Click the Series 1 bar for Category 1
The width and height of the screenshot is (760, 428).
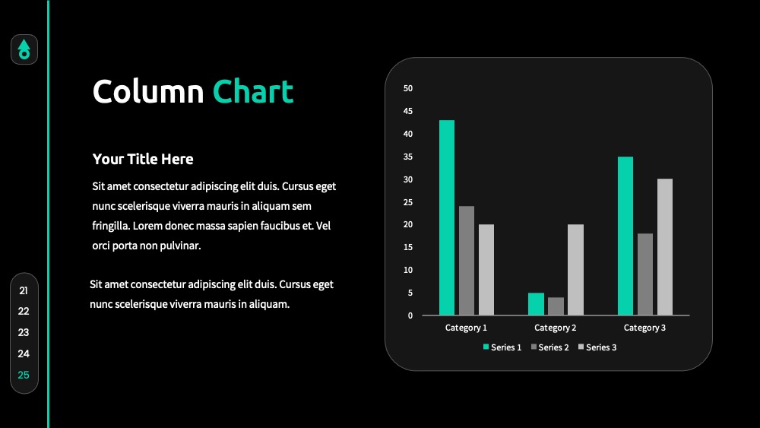(x=447, y=217)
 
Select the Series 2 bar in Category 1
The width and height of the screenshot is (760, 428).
(x=467, y=260)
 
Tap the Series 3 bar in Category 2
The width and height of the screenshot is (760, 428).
(x=575, y=270)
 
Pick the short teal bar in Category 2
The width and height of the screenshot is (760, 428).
(x=536, y=304)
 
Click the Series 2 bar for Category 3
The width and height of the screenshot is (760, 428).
(x=645, y=274)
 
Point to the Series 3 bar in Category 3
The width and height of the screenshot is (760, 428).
(x=665, y=247)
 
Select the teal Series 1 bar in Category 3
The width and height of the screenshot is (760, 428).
(x=625, y=236)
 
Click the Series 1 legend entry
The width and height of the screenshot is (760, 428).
(x=502, y=347)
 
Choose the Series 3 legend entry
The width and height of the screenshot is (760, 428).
(x=597, y=347)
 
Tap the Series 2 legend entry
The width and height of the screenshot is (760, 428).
(x=549, y=347)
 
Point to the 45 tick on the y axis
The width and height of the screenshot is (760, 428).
(x=408, y=111)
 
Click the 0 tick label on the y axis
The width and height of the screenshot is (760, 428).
(x=410, y=315)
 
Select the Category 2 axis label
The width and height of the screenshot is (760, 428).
(x=556, y=328)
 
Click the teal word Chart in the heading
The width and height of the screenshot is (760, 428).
(x=253, y=91)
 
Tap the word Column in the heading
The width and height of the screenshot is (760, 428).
(x=148, y=91)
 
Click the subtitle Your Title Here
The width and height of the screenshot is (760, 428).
(x=143, y=159)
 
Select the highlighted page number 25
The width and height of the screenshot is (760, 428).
(x=24, y=375)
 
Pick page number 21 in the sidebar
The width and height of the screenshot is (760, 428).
(x=24, y=290)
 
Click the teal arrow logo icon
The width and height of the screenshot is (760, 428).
(x=24, y=49)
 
